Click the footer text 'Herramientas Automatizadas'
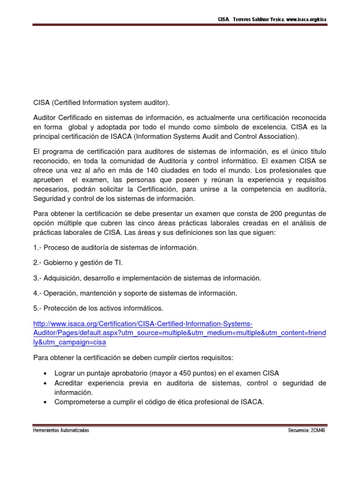tap(60, 430)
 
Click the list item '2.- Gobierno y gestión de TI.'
tap(78, 262)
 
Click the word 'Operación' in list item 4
tap(60, 293)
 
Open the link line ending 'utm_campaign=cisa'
tap(70, 342)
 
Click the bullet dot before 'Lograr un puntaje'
tap(45, 374)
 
